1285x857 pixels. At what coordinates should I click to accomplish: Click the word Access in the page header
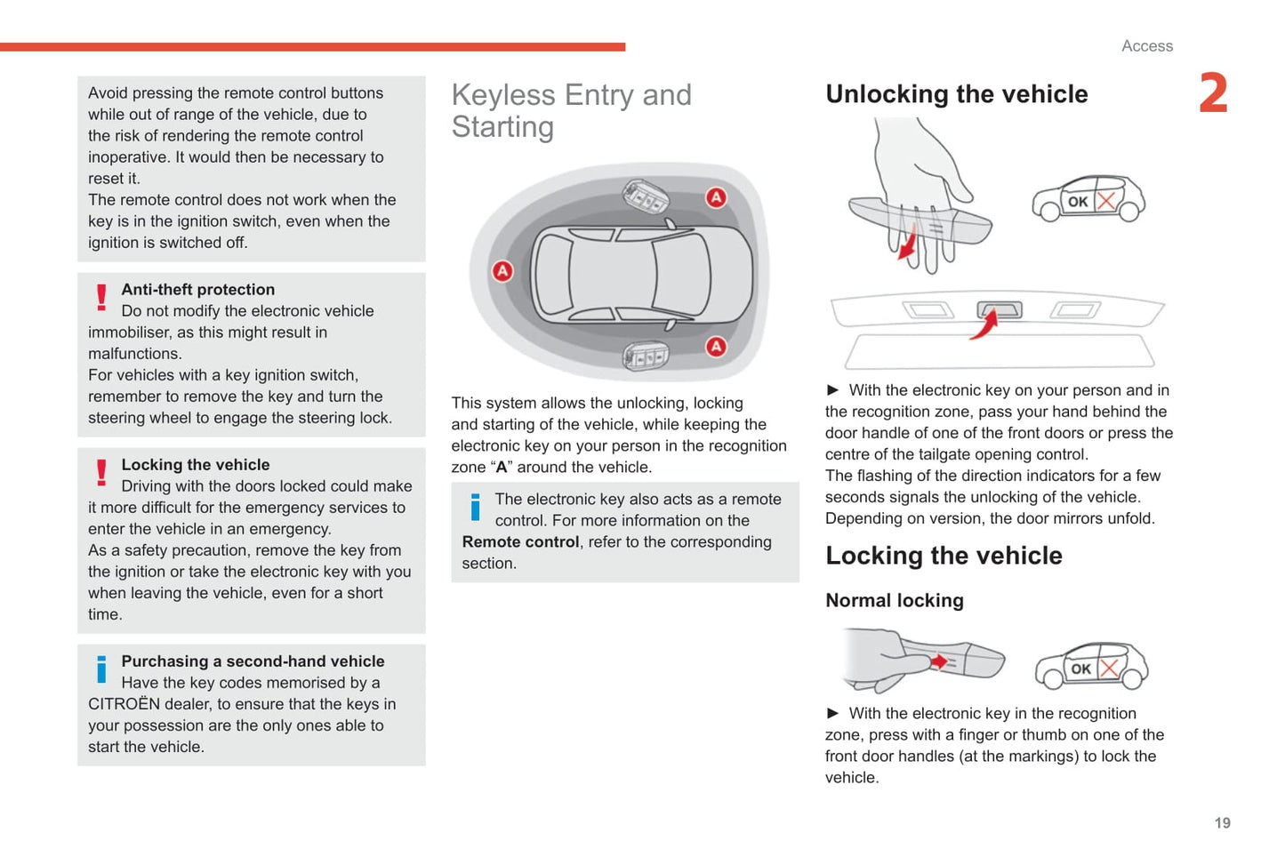(1146, 46)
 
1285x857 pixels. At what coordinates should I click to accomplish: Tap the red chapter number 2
(1213, 93)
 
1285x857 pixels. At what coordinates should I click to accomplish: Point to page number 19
(1222, 823)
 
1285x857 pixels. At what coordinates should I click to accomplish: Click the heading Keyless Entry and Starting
(571, 110)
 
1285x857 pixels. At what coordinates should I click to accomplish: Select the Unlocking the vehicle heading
(956, 94)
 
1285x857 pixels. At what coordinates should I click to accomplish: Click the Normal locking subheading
(894, 601)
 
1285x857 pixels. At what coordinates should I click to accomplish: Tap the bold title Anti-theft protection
(197, 290)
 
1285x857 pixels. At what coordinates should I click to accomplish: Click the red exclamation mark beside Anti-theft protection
(101, 297)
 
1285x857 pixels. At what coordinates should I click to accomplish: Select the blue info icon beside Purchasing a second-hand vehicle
(101, 669)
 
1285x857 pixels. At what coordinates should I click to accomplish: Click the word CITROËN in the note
(124, 704)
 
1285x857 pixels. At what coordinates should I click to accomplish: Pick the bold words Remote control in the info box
(520, 542)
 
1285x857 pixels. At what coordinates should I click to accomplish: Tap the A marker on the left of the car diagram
(502, 271)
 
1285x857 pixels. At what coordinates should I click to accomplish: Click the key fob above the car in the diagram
(646, 196)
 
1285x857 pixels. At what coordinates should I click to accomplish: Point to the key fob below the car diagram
(646, 356)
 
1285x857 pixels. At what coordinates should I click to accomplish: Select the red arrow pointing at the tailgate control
(984, 325)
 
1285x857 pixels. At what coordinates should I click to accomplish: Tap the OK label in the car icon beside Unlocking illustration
(1078, 202)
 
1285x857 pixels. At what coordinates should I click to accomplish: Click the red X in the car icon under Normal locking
(1108, 669)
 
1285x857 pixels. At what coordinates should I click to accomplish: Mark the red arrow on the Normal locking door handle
(938, 662)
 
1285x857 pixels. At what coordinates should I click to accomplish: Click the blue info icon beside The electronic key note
(475, 507)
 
